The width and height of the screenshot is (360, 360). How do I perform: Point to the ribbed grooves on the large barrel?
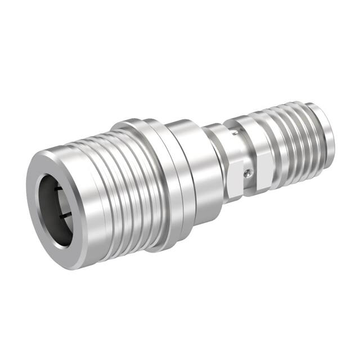[x=121, y=186]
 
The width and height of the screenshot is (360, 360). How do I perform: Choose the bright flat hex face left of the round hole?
[x=235, y=180]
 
